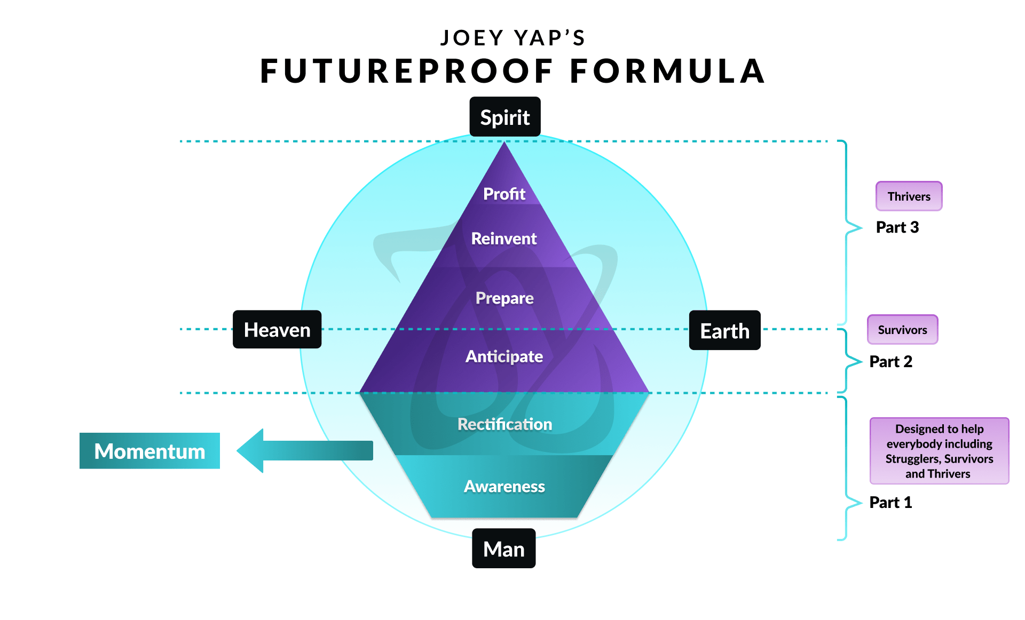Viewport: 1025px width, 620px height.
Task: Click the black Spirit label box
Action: point(504,117)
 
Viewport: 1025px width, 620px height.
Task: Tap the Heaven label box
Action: point(277,330)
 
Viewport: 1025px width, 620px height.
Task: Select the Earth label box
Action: point(724,331)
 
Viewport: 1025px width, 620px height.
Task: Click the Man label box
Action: point(503,549)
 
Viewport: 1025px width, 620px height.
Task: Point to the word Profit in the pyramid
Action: point(504,194)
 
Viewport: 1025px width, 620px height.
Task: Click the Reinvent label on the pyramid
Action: point(504,239)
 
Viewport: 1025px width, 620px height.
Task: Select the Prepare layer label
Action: point(504,298)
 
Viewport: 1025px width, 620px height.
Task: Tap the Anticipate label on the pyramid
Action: point(504,356)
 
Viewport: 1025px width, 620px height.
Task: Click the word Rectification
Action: point(504,424)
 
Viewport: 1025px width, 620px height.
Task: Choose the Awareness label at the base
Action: point(504,486)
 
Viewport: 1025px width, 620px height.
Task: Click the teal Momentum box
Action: point(149,451)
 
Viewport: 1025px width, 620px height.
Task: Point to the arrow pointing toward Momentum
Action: point(304,451)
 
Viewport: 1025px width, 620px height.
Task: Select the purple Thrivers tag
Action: point(909,196)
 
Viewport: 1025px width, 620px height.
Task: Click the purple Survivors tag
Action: point(902,330)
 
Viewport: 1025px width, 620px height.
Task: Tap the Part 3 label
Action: point(897,227)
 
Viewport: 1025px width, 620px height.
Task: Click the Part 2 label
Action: point(890,362)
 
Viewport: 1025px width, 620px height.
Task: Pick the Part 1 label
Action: point(890,503)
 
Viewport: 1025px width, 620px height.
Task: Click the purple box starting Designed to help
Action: point(939,451)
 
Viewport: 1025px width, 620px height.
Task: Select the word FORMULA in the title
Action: point(667,71)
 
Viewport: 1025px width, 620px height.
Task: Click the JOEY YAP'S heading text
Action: point(512,38)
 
